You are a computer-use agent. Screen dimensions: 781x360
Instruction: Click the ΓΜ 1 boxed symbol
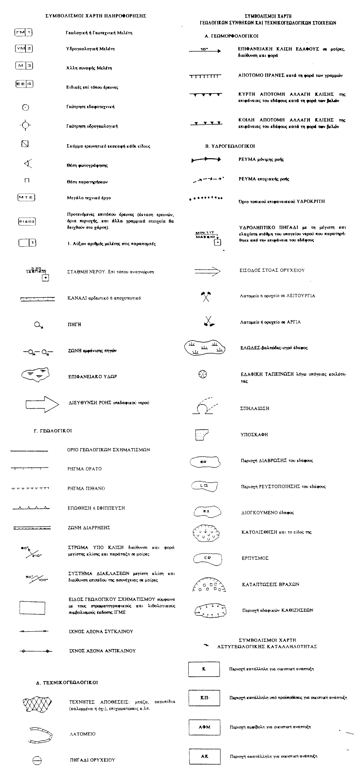(23, 32)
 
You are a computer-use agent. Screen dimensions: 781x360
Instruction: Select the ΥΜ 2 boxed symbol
(24, 49)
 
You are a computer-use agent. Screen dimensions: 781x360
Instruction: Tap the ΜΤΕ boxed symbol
(26, 198)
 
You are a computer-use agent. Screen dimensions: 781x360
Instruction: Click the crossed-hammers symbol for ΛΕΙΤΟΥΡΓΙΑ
(206, 296)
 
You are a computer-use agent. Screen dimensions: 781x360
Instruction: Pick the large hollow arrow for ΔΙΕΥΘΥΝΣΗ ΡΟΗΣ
(42, 404)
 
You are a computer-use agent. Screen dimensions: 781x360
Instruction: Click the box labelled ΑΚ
(204, 756)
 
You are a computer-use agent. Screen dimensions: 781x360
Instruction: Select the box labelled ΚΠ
(204, 698)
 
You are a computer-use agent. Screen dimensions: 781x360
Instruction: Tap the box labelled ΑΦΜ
(204, 727)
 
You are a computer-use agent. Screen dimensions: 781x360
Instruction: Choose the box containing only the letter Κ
(204, 669)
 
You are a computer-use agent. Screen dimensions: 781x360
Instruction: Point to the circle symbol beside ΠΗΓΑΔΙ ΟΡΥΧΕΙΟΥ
(37, 760)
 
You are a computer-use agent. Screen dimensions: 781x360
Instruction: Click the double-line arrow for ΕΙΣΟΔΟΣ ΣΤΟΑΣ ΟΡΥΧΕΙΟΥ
(207, 271)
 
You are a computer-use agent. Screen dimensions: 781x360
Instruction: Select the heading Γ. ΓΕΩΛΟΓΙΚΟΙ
(53, 431)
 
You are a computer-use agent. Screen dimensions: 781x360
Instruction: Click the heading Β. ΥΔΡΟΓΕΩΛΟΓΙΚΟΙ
(230, 146)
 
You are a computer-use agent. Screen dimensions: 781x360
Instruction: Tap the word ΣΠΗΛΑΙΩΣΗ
(255, 408)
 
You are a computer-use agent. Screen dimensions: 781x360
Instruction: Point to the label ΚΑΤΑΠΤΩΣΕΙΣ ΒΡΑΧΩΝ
(270, 584)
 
